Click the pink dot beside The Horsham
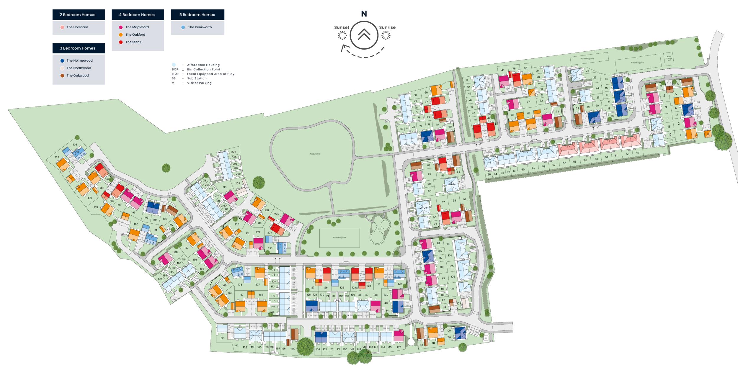62,27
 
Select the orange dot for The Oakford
121,35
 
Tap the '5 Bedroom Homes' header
197,14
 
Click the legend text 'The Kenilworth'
200,27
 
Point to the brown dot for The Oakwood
62,76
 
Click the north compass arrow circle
364,35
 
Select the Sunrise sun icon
386,36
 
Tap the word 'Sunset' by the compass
342,27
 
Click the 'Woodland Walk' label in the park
315,154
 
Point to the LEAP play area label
379,229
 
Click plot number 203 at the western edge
75,145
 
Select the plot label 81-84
452,184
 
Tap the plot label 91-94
423,208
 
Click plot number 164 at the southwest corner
222,338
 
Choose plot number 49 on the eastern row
638,153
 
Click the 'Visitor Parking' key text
199,83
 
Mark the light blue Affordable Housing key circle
174,65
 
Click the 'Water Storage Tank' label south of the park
339,238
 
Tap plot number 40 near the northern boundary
503,70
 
